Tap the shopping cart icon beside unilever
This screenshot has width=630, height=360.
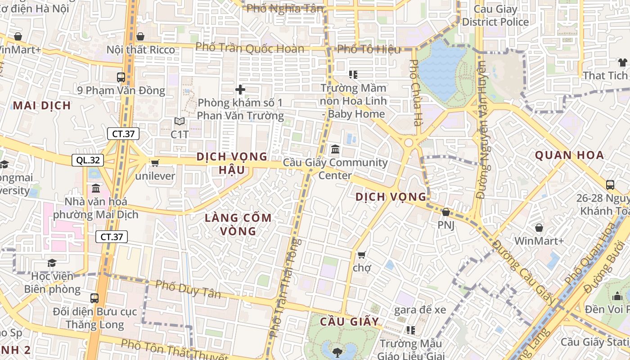[155, 163]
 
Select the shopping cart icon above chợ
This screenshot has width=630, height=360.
[361, 255]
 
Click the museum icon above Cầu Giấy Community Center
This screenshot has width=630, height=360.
[335, 149]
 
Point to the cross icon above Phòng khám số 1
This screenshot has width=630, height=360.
[240, 90]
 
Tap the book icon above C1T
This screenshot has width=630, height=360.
[180, 121]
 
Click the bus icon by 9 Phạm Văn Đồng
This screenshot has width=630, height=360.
[121, 77]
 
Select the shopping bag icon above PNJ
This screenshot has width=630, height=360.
[446, 211]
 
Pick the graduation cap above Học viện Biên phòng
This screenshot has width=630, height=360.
[52, 262]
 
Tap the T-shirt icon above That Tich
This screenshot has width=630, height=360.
[622, 62]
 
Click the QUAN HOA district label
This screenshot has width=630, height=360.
[569, 156]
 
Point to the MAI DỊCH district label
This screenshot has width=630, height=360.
[42, 106]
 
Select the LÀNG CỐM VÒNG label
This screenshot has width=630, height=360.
[238, 225]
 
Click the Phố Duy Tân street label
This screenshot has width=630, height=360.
[188, 289]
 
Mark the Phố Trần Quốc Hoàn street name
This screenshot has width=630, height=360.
[250, 48]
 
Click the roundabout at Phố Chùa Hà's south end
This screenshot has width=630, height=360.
[409, 143]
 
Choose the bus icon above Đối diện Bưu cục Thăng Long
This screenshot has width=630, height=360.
[94, 298]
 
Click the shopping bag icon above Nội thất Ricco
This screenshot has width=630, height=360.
[140, 36]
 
